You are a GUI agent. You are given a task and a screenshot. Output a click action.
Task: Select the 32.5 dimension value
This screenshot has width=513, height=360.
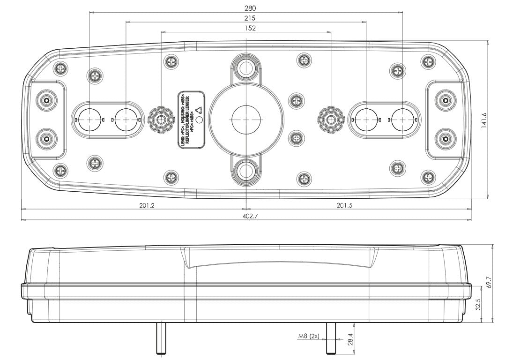[x=478, y=305]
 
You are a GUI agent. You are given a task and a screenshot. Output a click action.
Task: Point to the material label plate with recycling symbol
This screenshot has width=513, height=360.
[x=192, y=120]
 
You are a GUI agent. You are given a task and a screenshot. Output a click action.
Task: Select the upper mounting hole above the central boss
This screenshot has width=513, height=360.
[x=245, y=67]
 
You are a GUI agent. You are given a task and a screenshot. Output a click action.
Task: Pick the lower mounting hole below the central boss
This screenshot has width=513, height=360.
[x=245, y=172]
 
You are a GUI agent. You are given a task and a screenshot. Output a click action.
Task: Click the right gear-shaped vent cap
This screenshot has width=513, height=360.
[x=331, y=120]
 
